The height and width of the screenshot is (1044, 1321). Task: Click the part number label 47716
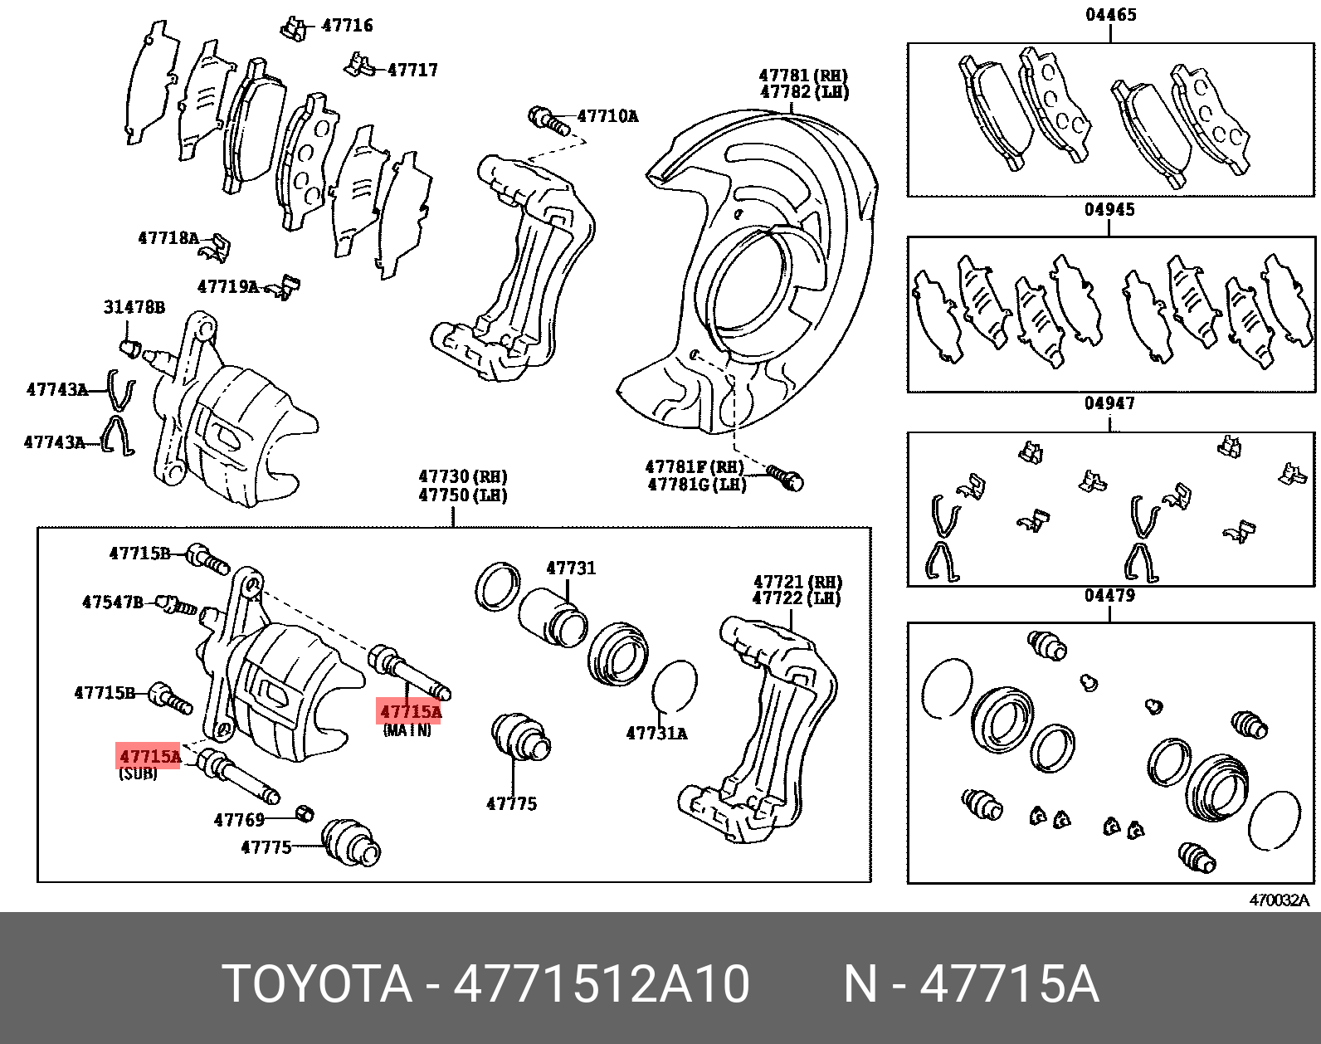pos(347,26)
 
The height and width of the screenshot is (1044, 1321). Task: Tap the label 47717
pos(412,71)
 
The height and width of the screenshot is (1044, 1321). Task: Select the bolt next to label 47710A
pos(548,120)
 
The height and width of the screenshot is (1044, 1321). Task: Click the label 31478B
pos(134,308)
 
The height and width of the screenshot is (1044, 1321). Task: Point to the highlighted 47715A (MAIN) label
pos(410,712)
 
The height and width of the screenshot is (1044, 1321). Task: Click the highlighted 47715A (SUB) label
pos(149,756)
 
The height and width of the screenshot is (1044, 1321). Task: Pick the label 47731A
pos(656,734)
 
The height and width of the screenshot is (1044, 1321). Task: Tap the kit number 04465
pos(1110,15)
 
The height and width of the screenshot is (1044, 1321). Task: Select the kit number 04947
pos(1109,403)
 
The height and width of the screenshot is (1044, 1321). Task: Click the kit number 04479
pos(1109,596)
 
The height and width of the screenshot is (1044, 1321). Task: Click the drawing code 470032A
pos(1279,900)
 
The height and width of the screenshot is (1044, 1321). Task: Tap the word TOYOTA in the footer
pos(317,984)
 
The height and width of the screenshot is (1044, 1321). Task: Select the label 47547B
pos(112,602)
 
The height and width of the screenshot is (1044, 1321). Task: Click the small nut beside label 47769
pos(305,812)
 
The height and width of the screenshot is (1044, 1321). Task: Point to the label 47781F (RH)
pos(695,467)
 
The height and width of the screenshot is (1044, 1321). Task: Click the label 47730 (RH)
pos(462,476)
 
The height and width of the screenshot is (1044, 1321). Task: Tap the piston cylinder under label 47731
pos(552,618)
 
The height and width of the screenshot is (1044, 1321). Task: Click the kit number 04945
pos(1109,210)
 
